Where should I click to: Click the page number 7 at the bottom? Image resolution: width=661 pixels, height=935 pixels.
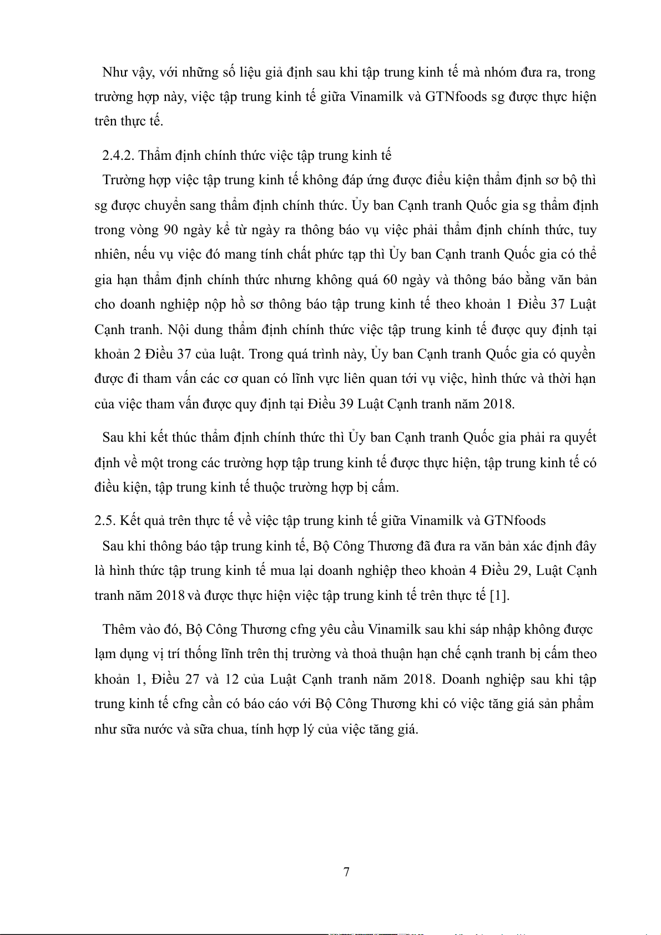click(347, 872)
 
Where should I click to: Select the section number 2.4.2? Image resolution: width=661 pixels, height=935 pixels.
click(118, 155)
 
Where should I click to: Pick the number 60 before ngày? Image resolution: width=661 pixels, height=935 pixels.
click(390, 279)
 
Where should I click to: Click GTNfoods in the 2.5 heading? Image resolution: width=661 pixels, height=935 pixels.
click(514, 520)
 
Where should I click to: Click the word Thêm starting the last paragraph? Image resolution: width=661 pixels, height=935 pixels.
click(119, 629)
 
